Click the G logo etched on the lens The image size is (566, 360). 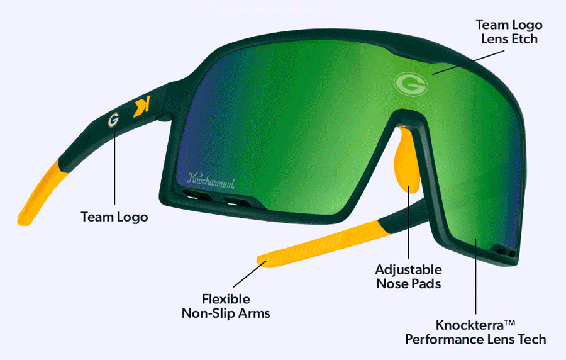pyautogui.click(x=411, y=84)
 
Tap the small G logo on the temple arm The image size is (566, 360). pyautogui.click(x=113, y=120)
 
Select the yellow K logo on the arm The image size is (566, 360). pyautogui.click(x=141, y=106)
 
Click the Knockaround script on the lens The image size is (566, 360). pyautogui.click(x=211, y=181)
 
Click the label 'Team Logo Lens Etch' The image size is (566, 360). pyautogui.click(x=509, y=31)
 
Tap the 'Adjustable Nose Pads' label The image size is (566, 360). pyautogui.click(x=408, y=276)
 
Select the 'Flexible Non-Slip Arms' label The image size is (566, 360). pyautogui.click(x=226, y=307)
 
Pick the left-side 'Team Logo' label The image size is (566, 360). pyautogui.click(x=114, y=217)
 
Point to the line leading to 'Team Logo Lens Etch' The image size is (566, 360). pyautogui.click(x=468, y=62)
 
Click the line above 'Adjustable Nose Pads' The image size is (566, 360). pyautogui.click(x=408, y=222)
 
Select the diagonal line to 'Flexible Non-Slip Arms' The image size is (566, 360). pyautogui.click(x=250, y=274)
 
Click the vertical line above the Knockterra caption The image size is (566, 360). pyautogui.click(x=476, y=276)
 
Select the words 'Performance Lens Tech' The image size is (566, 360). pyautogui.click(x=475, y=339)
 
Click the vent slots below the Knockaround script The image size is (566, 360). pyautogui.click(x=217, y=198)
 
